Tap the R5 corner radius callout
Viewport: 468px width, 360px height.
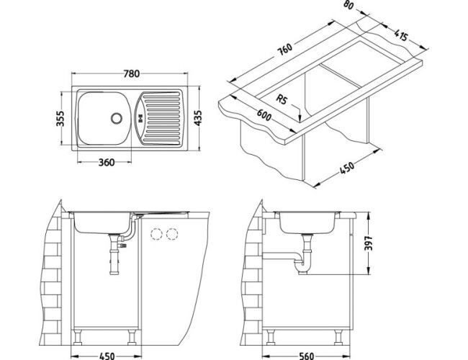click(284, 101)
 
